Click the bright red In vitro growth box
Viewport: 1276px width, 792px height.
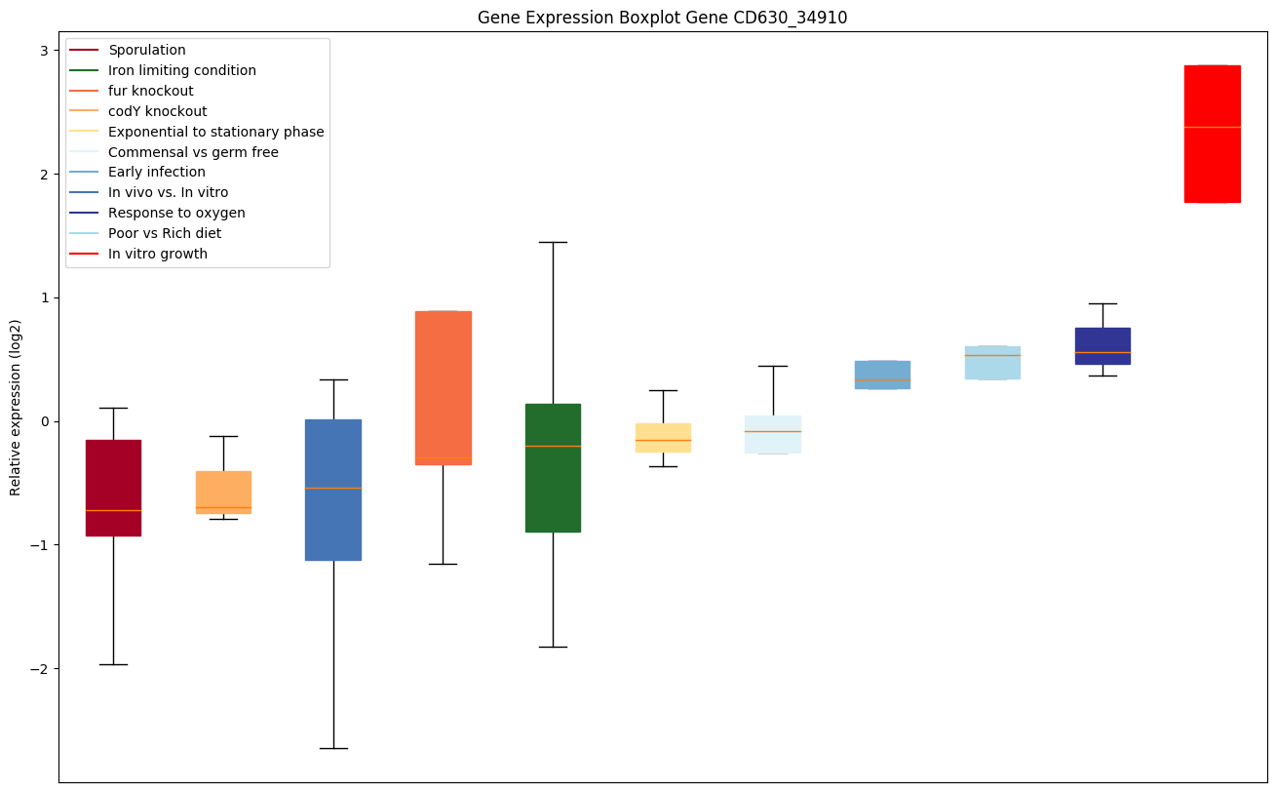pyautogui.click(x=1212, y=134)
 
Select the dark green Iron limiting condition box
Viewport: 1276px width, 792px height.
pyautogui.click(x=553, y=467)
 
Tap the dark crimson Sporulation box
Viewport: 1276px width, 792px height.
pyautogui.click(x=113, y=488)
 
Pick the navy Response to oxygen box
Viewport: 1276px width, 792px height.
pyautogui.click(x=1102, y=346)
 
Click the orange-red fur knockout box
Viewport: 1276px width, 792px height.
pyautogui.click(x=443, y=387)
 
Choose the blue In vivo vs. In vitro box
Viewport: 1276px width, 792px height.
pyautogui.click(x=333, y=490)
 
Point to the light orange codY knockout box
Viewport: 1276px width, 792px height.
pyautogui.click(x=223, y=492)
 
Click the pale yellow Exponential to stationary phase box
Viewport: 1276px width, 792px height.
pyautogui.click(x=663, y=437)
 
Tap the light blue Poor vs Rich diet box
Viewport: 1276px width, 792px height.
pyautogui.click(x=992, y=363)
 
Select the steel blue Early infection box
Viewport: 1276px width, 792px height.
pyautogui.click(x=882, y=375)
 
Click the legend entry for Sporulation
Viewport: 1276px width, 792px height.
pyautogui.click(x=147, y=50)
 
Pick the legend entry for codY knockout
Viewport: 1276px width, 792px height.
pyautogui.click(x=157, y=111)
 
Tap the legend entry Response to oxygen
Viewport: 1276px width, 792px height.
pyautogui.click(x=176, y=213)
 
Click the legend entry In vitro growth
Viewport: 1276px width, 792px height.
pyautogui.click(x=158, y=254)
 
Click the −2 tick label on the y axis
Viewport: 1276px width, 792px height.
pyautogui.click(x=40, y=669)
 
